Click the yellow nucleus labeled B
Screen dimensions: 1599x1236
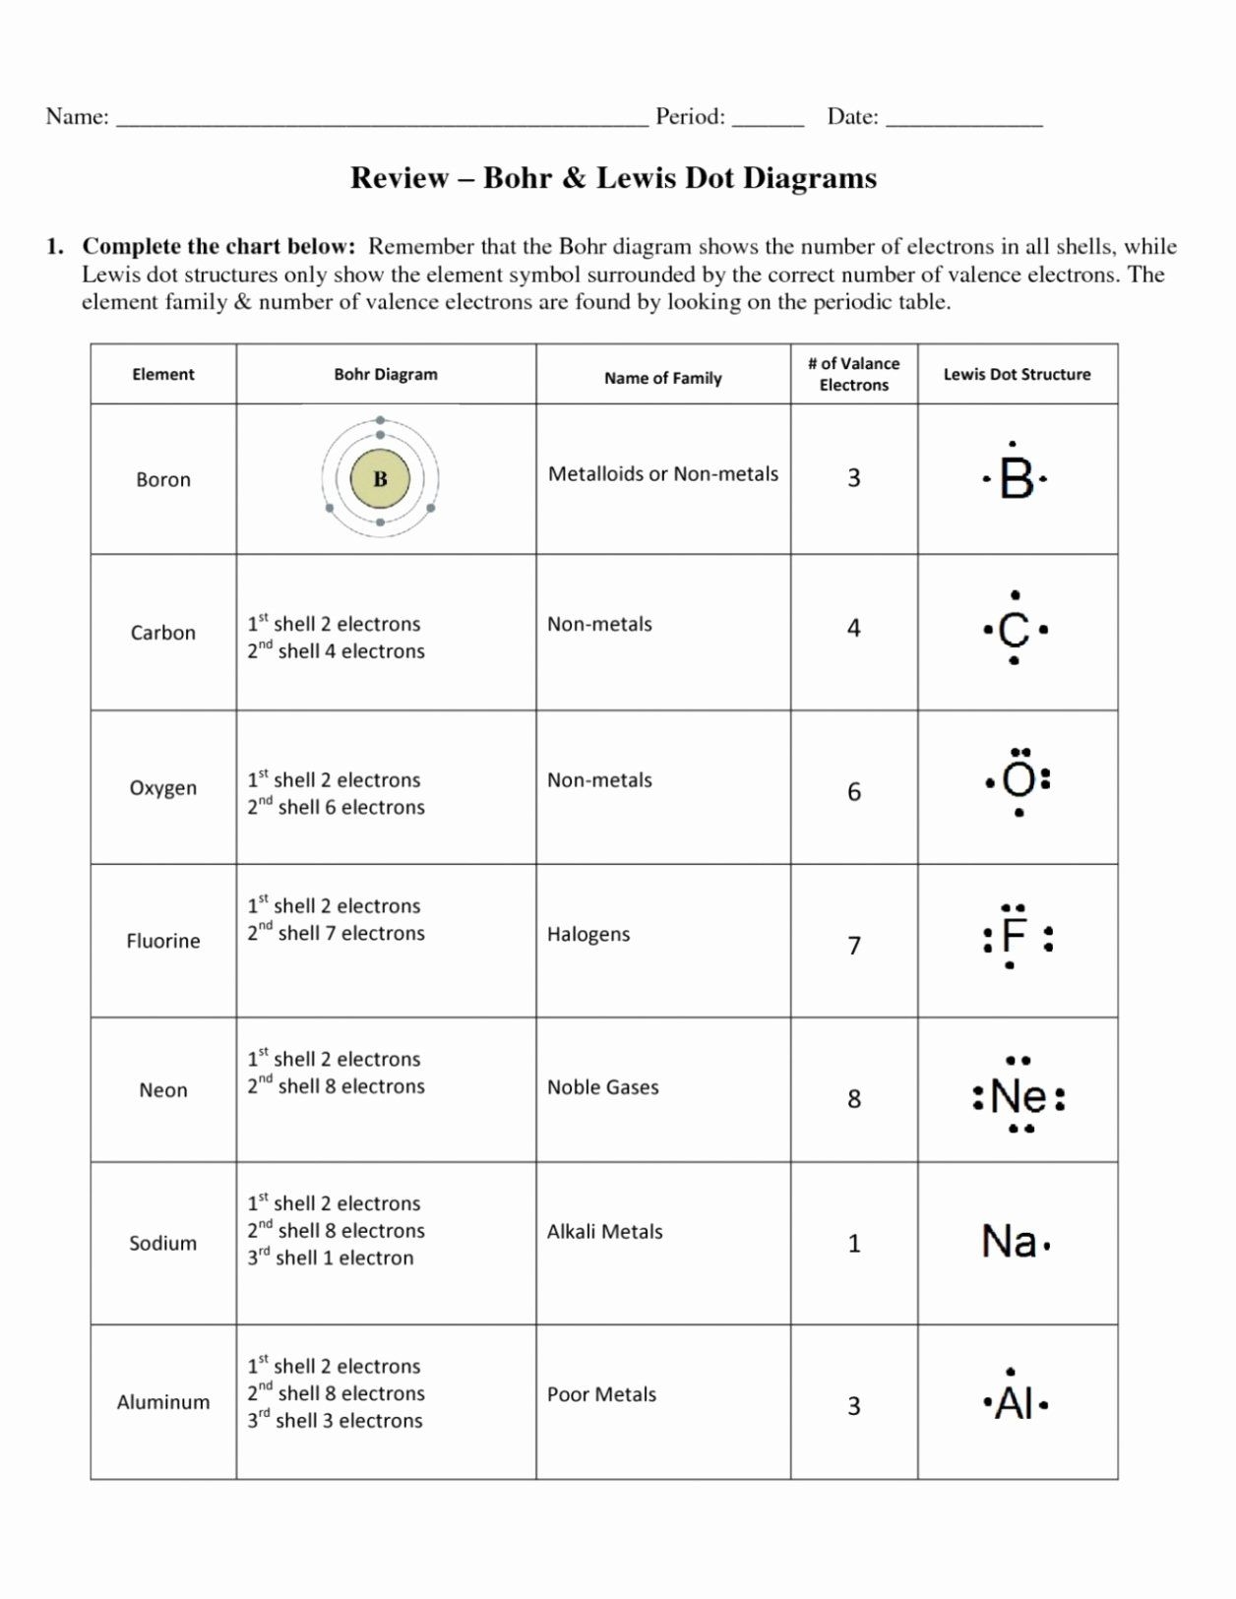380,479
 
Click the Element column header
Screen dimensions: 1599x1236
163,374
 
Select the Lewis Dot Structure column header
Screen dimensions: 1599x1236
1017,374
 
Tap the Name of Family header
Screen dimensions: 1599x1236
662,378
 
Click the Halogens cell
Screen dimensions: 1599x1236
588,934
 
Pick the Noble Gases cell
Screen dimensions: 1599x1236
602,1087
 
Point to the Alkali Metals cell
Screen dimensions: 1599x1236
604,1231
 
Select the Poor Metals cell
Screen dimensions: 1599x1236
601,1394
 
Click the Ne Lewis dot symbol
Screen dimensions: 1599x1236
1019,1096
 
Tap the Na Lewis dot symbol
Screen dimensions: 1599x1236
1011,1242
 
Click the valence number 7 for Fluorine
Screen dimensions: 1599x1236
854,946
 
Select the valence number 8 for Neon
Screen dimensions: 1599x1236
854,1098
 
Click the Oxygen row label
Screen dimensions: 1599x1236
163,788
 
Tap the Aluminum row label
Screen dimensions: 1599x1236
163,1402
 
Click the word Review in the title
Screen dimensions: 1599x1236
400,178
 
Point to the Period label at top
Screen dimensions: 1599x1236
690,117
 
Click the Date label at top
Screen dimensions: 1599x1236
852,117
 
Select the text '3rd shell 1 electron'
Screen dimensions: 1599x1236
331,1258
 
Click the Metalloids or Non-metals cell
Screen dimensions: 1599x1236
662,474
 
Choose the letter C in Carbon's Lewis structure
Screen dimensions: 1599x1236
1013,630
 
